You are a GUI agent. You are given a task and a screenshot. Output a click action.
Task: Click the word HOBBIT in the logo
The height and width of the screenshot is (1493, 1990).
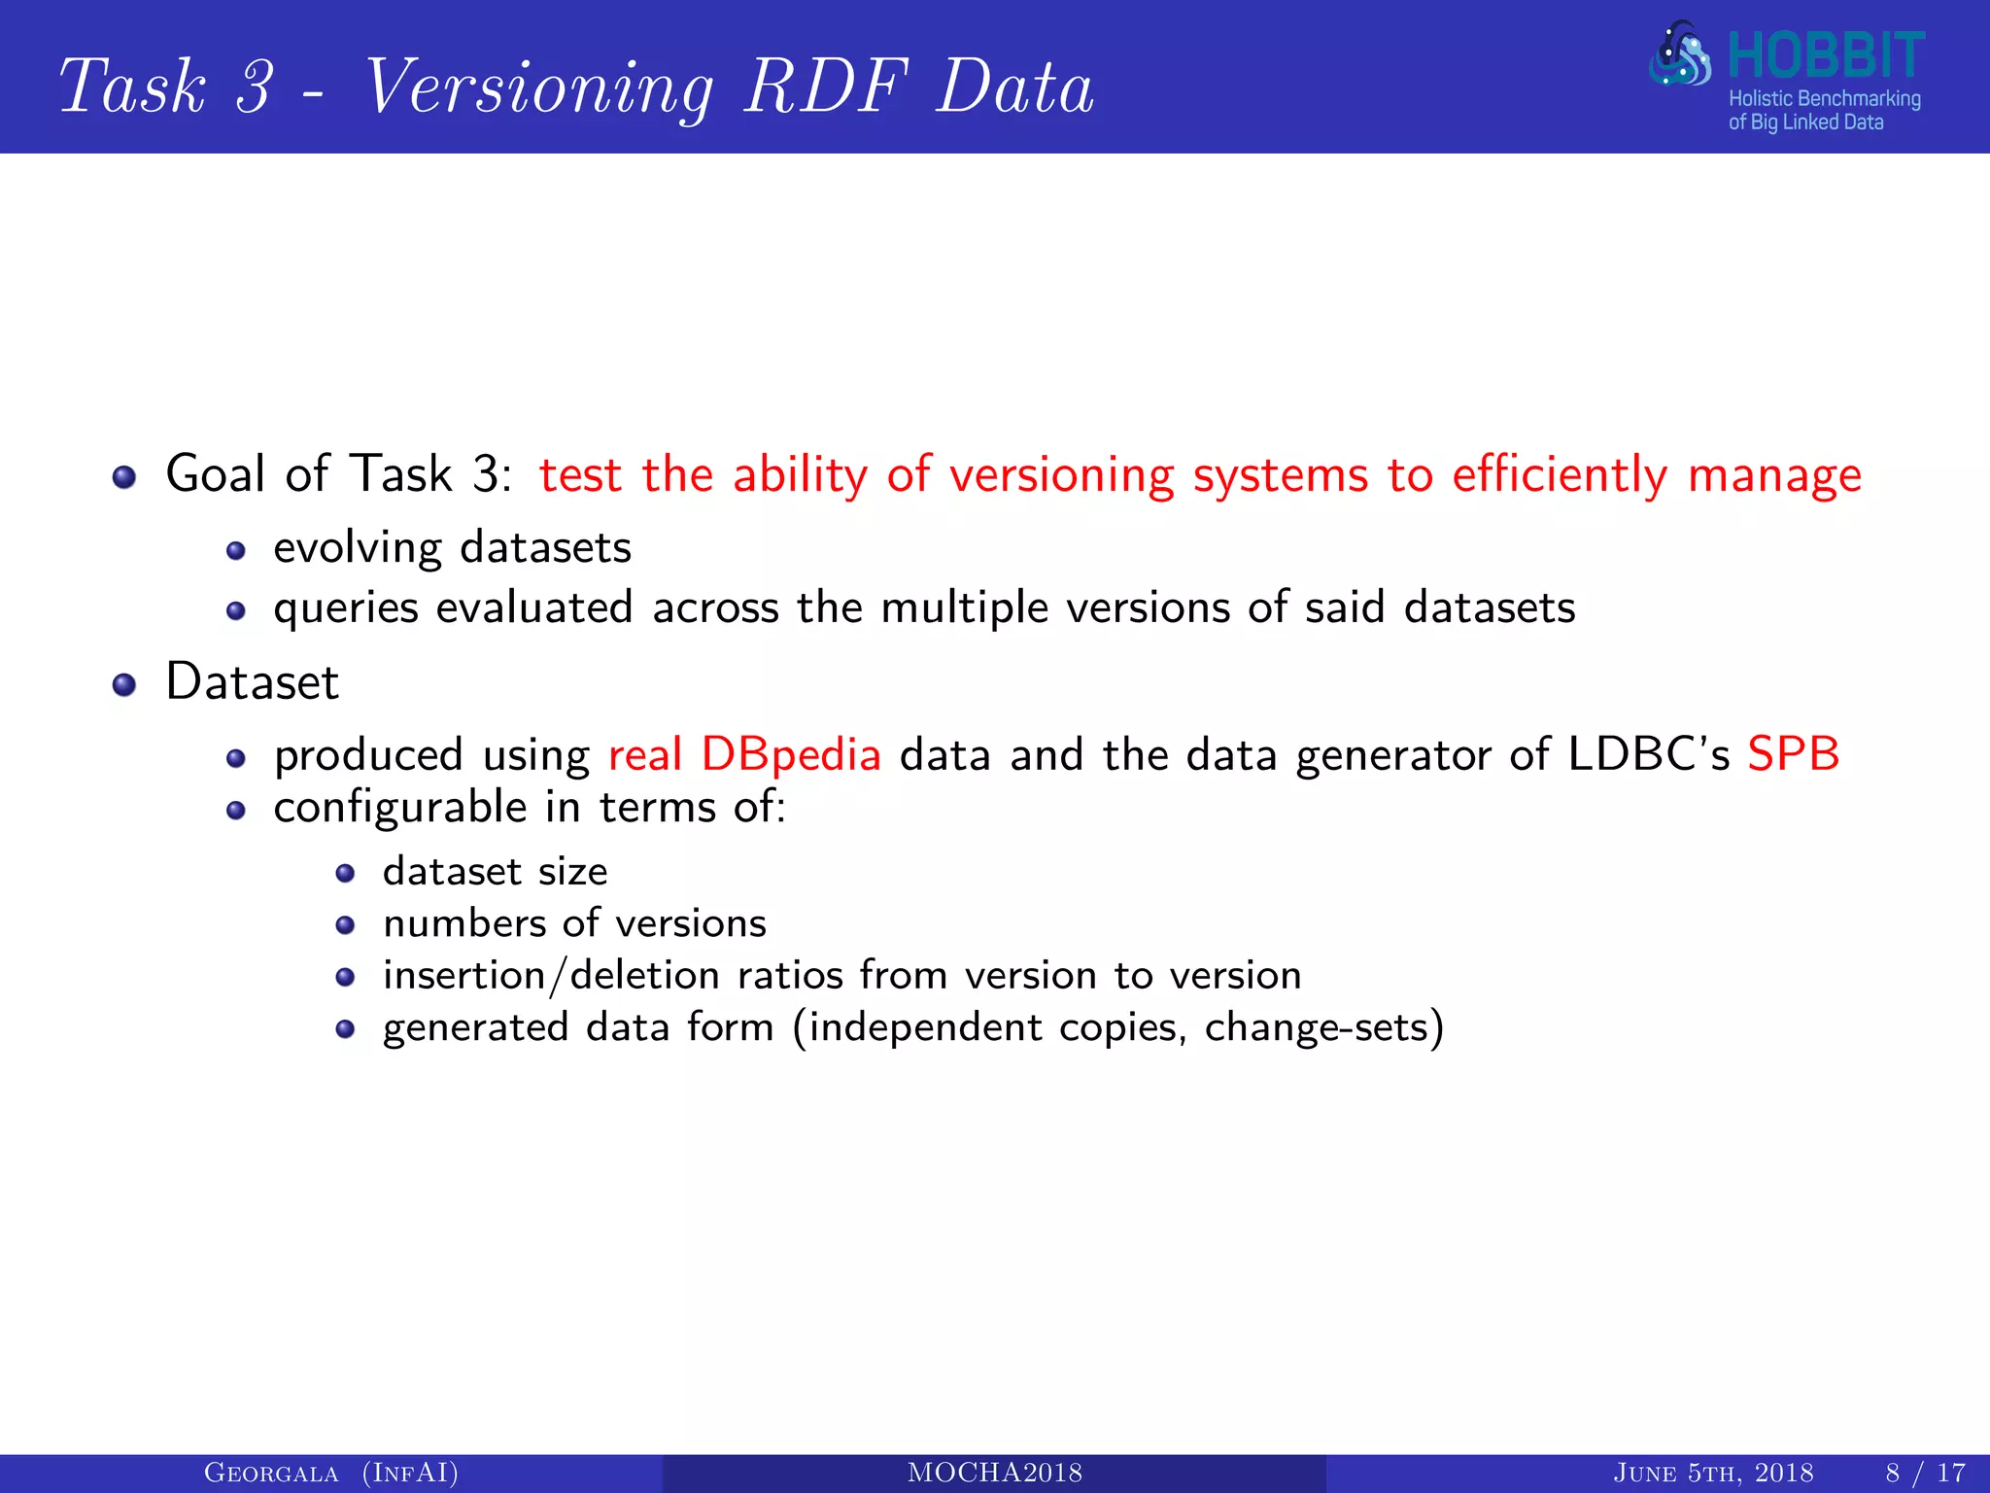coord(1826,55)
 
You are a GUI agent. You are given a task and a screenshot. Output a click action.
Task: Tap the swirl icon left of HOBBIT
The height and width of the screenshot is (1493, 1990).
coord(1680,55)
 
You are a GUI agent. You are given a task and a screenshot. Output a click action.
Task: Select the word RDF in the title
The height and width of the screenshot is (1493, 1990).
coord(826,87)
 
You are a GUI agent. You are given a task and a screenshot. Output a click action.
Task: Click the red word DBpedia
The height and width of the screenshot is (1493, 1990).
coord(791,754)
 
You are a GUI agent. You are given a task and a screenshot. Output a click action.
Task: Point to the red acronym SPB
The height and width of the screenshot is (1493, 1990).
coord(1793,754)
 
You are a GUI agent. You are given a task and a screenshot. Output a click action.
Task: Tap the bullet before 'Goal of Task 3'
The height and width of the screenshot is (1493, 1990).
coord(124,477)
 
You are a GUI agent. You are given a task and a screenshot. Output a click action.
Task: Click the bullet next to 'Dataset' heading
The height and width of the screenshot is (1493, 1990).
coord(124,685)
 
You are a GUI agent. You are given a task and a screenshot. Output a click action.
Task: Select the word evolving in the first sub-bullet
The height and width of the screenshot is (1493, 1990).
coord(358,548)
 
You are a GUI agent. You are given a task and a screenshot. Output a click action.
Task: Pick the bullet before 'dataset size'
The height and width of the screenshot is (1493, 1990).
coord(345,873)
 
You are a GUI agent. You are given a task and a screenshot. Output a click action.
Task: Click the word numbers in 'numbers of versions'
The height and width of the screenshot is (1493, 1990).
coord(463,923)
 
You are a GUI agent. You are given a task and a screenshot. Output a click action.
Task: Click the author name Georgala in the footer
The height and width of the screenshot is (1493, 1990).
coord(271,1474)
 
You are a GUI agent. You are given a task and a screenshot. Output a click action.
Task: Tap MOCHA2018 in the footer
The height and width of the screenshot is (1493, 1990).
coord(995,1474)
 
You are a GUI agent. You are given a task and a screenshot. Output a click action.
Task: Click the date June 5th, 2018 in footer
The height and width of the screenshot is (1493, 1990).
coord(1713,1474)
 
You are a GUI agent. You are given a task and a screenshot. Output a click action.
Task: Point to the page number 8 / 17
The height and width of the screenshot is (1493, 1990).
coord(1925,1474)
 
